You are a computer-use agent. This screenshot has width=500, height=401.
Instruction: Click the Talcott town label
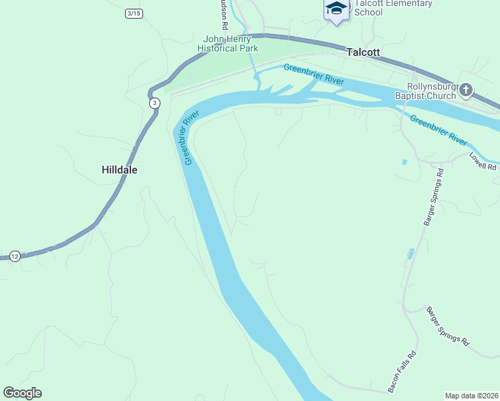363,51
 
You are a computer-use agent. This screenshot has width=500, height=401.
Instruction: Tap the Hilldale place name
120,170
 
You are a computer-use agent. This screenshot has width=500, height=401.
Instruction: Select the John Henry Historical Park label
228,43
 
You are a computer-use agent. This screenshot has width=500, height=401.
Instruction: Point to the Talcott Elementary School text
392,7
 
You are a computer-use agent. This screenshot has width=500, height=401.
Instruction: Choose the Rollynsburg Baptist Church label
432,91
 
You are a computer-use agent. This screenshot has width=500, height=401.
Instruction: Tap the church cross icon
466,90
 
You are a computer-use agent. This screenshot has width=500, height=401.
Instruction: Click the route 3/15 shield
134,13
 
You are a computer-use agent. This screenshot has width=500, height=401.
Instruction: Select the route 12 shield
15,256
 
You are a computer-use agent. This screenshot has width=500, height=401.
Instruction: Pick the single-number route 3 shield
155,103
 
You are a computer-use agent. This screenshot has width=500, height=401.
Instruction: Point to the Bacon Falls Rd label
402,372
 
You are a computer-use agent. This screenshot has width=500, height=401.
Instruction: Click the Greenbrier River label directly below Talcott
314,74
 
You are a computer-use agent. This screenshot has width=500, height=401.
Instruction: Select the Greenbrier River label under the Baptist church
438,130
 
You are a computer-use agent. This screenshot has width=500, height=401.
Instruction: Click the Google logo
23,393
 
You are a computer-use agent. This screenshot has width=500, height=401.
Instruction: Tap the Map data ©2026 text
471,396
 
